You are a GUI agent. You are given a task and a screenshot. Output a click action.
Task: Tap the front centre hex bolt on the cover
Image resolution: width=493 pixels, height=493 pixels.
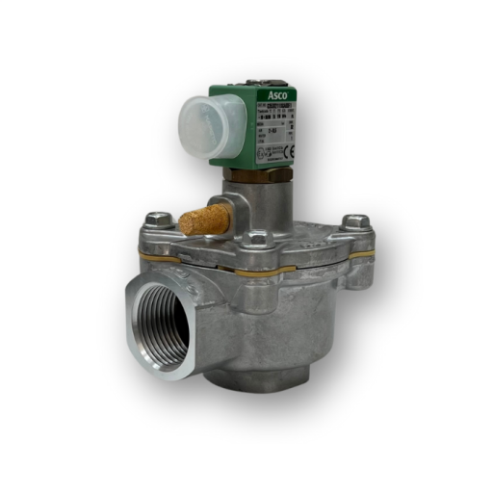click(x=257, y=236)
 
